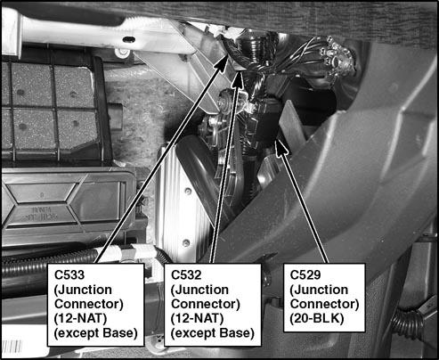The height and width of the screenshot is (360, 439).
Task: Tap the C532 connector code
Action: click(190, 274)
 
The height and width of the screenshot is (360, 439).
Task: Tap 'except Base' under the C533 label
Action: click(97, 333)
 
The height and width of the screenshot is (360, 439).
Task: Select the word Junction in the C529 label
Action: click(322, 290)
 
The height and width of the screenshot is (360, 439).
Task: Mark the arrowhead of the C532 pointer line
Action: click(240, 73)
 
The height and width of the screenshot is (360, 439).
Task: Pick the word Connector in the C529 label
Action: click(324, 304)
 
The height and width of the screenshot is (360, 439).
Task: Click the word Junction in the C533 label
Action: click(91, 290)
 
